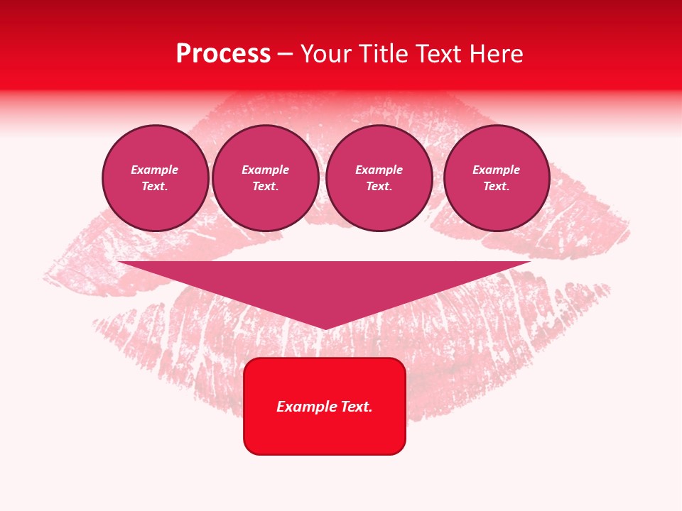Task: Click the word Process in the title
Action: pyautogui.click(x=223, y=54)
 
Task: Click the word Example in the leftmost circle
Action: pyautogui.click(x=155, y=170)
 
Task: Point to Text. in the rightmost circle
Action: pyautogui.click(x=496, y=186)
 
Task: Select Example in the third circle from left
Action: pyautogui.click(x=379, y=170)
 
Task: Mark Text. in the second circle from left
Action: pyautogui.click(x=265, y=186)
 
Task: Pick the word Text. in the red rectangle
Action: pyautogui.click(x=355, y=407)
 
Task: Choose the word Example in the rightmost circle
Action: pyautogui.click(x=496, y=170)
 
